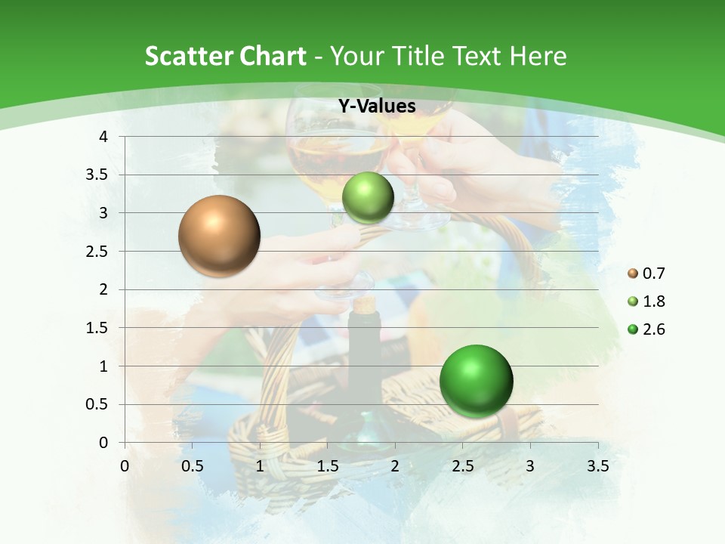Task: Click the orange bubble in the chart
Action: pos(220,236)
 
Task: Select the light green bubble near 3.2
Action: pos(369,197)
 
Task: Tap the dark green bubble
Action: pos(476,380)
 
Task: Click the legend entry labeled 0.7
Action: pos(646,274)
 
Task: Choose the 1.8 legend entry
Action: pos(646,301)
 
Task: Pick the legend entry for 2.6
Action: pos(646,329)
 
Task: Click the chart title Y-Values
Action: pos(377,106)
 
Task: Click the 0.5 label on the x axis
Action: pos(192,466)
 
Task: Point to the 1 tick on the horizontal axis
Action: pos(260,466)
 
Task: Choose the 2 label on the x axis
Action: pos(395,466)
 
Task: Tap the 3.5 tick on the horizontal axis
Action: pos(597,466)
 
